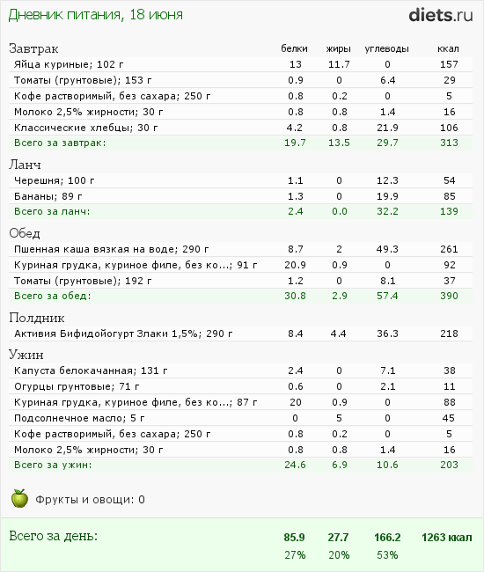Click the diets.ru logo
(441, 15)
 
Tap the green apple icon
(19, 498)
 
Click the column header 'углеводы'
(386, 48)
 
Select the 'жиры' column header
(339, 48)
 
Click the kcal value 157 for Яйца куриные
(449, 64)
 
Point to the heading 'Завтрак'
(33, 48)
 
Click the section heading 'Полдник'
(37, 318)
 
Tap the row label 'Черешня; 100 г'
(55, 180)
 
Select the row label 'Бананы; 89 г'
(48, 196)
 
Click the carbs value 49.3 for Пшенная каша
(387, 249)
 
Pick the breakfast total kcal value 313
(449, 143)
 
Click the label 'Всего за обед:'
(53, 296)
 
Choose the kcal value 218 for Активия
(449, 334)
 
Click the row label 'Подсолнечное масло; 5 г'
(79, 418)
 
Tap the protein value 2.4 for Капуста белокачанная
(296, 370)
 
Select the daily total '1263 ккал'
(447, 538)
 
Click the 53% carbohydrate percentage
(387, 555)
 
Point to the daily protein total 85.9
(294, 538)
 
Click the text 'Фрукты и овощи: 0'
(90, 500)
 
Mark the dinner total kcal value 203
(449, 465)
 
